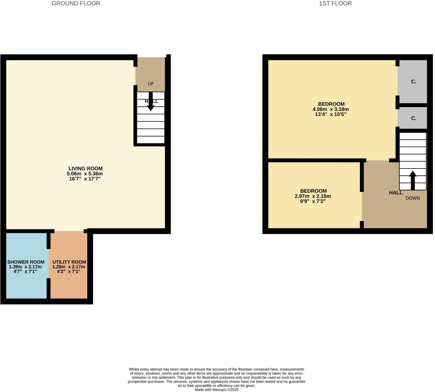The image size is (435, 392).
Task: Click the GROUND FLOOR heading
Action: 76,3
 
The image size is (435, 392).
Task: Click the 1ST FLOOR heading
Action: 335,3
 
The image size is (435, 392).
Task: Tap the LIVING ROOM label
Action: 85,168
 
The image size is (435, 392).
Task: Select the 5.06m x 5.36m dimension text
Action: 85,174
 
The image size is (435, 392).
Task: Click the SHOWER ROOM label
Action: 26,262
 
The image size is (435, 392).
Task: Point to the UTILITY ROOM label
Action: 69,262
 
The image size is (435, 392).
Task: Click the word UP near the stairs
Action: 150,84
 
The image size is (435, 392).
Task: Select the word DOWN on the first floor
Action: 412,198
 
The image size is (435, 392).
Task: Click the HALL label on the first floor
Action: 395,193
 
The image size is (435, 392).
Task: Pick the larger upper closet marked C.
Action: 414,81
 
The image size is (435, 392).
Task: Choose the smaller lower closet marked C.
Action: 414,118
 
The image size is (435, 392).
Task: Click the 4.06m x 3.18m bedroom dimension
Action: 330,109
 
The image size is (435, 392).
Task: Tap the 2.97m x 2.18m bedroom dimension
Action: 313,196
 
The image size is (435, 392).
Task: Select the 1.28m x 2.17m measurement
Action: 69,267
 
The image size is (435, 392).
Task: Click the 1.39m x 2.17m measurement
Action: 25,267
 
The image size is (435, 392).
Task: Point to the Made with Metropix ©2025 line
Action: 216,389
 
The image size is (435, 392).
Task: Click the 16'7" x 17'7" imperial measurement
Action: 85,178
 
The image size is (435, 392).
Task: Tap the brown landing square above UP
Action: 150,70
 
